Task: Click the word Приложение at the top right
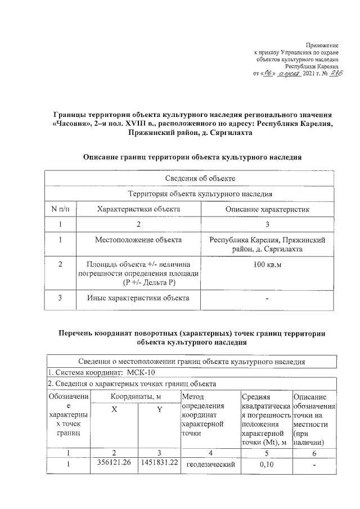tap(322, 44)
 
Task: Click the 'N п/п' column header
tap(60, 210)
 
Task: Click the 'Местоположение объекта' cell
tap(138, 240)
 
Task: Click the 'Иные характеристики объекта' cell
tap(138, 298)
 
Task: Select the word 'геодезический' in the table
tap(207, 465)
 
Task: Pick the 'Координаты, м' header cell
tap(137, 397)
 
